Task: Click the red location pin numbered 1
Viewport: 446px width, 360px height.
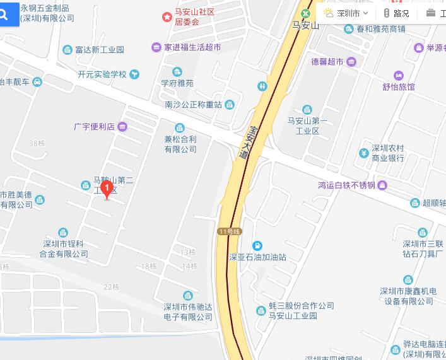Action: tap(107, 188)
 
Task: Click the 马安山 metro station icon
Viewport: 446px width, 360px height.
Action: tap(306, 13)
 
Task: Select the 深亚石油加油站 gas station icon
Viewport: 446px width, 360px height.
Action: tap(257, 245)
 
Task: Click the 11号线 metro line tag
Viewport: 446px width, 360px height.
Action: tap(230, 231)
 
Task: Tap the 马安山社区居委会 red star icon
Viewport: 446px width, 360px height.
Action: tap(167, 16)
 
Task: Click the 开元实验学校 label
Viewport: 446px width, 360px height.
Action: tap(102, 74)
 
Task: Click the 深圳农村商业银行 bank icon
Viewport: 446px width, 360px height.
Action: tap(364, 153)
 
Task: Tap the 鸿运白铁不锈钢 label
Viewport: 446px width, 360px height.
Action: tap(346, 185)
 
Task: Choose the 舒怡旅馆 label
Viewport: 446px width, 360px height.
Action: tap(399, 87)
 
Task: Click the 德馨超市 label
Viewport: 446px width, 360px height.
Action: tap(327, 61)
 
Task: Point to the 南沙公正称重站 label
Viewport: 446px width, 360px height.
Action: tap(193, 105)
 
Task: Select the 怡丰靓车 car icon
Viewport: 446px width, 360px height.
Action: tap(37, 81)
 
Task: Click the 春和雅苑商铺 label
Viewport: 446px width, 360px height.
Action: tap(381, 29)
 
